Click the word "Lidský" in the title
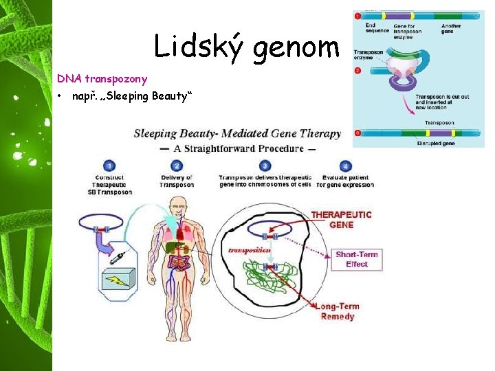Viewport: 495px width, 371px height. click(x=197, y=47)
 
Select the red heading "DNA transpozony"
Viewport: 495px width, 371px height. click(x=102, y=79)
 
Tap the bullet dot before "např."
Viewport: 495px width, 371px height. click(x=61, y=95)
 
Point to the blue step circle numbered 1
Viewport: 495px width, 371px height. click(x=110, y=166)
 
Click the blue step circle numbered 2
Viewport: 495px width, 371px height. click(x=177, y=166)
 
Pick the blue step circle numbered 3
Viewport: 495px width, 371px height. click(x=265, y=166)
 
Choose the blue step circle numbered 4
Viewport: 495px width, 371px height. click(x=346, y=166)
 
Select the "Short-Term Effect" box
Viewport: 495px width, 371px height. click(x=356, y=259)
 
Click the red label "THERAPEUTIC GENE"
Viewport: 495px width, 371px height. click(x=342, y=220)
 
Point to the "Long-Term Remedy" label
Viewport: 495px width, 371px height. click(x=337, y=311)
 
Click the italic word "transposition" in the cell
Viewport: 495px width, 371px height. click(x=249, y=251)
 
